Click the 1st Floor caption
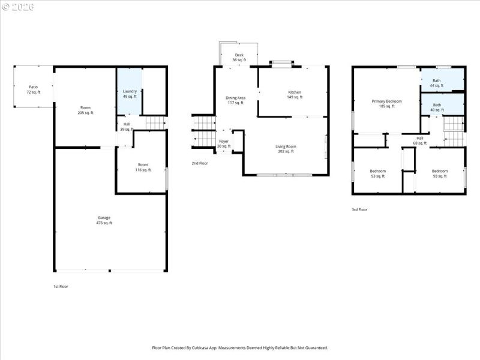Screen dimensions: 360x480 [61, 287]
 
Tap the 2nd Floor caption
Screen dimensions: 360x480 [200, 163]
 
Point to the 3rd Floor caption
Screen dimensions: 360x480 [359, 210]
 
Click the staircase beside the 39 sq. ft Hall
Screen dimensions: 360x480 [155, 123]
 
